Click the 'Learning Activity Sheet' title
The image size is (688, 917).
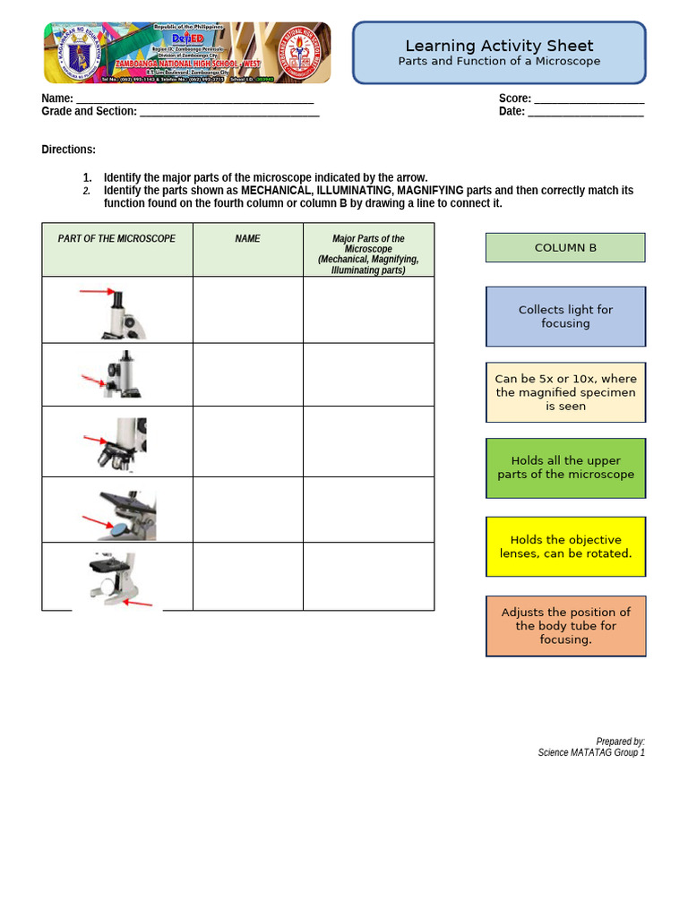point(499,46)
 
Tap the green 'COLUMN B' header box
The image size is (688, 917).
point(565,248)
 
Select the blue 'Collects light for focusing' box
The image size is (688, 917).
point(565,316)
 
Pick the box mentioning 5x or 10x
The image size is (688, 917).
point(565,392)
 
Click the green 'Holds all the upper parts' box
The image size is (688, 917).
point(565,467)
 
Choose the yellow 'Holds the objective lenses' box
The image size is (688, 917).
point(565,546)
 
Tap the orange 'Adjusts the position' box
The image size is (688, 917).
point(565,626)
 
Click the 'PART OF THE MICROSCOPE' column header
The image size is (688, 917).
point(116,239)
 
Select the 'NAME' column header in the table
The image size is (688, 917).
point(247,239)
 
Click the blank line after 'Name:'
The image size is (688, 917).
point(194,99)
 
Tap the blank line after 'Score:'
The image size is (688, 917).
point(588,99)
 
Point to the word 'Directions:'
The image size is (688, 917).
point(68,150)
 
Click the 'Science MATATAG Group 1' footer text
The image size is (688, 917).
point(590,753)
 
